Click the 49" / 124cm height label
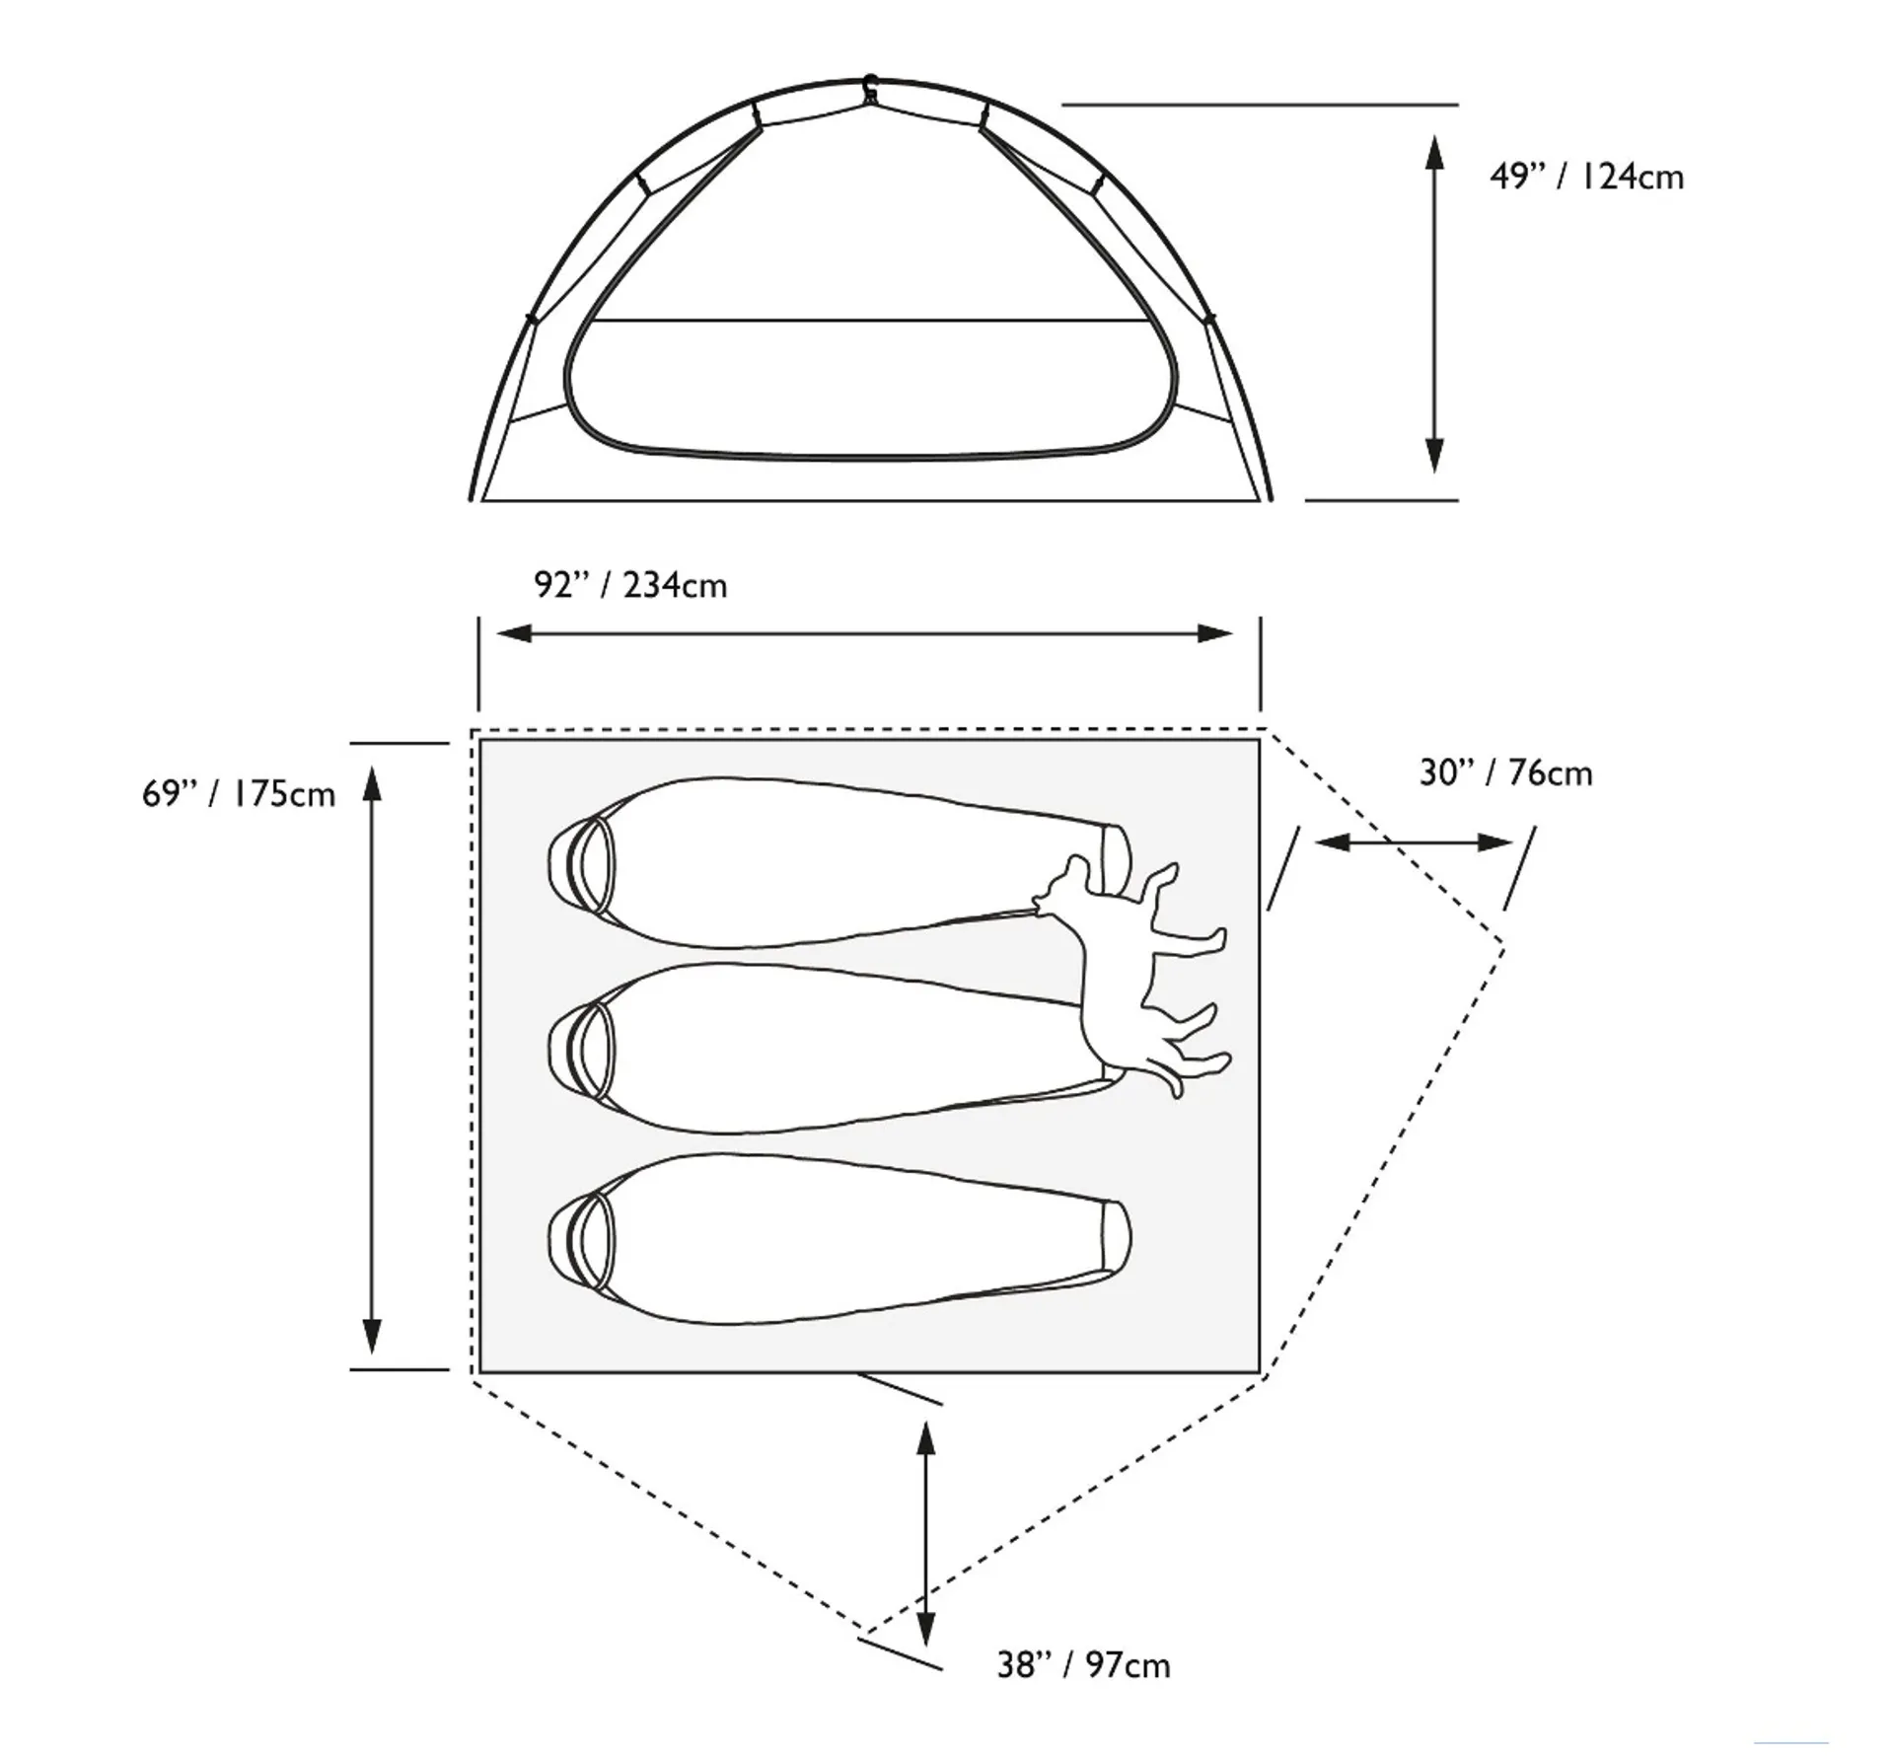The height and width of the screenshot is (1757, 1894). [1586, 177]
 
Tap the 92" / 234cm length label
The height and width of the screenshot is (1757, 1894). [630, 585]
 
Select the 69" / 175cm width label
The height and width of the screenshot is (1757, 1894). [239, 794]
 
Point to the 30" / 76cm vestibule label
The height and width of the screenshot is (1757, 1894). [1505, 772]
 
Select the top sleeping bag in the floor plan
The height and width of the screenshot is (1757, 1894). [838, 862]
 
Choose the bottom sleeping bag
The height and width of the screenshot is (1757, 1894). [838, 1238]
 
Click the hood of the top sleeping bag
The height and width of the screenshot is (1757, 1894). [581, 863]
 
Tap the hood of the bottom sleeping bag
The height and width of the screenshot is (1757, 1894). [581, 1239]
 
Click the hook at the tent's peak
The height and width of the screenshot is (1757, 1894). [870, 88]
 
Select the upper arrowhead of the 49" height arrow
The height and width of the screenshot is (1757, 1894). [1435, 153]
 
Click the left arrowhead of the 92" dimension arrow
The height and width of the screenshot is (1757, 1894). [514, 633]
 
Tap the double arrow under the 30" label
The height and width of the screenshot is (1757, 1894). [1414, 842]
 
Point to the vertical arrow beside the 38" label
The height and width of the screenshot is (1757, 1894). [925, 1534]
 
